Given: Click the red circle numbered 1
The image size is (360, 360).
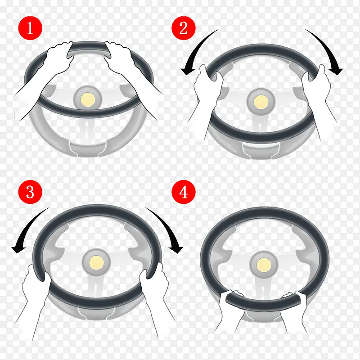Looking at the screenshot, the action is pos(30,28).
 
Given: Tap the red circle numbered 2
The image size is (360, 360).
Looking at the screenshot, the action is pos(184,28).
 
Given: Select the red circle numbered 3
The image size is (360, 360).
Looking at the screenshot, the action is pos(30,192).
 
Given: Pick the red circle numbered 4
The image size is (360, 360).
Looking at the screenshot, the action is pos(184,192).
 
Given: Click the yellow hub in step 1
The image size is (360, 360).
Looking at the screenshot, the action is pos(88,99).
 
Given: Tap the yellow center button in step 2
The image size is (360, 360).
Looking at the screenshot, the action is pos(261,102).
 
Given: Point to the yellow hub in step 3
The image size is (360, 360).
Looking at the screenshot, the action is pos(96,262).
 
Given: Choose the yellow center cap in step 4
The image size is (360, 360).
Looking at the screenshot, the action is pos(264,265).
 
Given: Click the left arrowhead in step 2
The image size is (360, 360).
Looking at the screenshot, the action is pos(188,70).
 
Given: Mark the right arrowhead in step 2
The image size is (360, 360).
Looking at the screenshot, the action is pos(336,70).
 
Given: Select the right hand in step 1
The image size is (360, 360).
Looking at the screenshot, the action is pos(119,58).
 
